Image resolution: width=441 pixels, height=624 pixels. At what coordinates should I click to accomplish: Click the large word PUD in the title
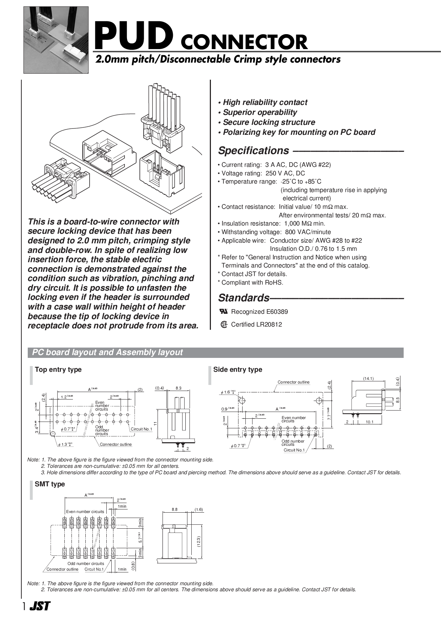tap(134, 36)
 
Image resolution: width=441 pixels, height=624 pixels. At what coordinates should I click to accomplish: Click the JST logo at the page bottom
tap(40, 606)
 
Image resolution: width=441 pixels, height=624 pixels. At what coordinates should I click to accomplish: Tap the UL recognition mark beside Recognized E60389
tap(224, 312)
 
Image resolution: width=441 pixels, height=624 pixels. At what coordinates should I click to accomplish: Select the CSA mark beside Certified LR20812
tap(224, 324)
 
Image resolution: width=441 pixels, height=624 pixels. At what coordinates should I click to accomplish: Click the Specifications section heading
tap(253, 151)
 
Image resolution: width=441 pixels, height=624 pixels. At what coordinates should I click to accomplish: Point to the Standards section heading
tap(244, 298)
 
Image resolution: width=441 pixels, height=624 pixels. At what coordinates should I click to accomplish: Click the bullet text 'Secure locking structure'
tap(269, 122)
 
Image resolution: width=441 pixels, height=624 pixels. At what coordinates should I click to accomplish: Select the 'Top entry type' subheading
tap(58, 370)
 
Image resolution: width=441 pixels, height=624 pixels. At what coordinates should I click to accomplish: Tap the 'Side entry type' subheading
tap(238, 370)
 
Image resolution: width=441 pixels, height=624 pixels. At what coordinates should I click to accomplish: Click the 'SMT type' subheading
tap(50, 484)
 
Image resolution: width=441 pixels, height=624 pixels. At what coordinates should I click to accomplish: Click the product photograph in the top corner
tap(56, 40)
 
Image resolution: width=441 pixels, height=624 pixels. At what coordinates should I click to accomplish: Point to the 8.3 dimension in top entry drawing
tap(179, 388)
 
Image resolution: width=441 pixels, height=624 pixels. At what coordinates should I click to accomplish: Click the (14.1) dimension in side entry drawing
tap(368, 379)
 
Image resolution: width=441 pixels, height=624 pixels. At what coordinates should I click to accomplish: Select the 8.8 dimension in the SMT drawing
tap(175, 509)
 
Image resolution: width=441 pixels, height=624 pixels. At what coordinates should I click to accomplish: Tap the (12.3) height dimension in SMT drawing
tap(199, 541)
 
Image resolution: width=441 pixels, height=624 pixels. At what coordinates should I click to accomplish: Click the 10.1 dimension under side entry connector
tap(370, 422)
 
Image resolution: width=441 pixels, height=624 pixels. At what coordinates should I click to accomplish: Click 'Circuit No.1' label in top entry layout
tap(141, 429)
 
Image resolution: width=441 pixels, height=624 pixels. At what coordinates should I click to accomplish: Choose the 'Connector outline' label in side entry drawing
tap(293, 382)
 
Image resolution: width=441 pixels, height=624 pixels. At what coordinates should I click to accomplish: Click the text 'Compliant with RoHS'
tap(252, 282)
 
